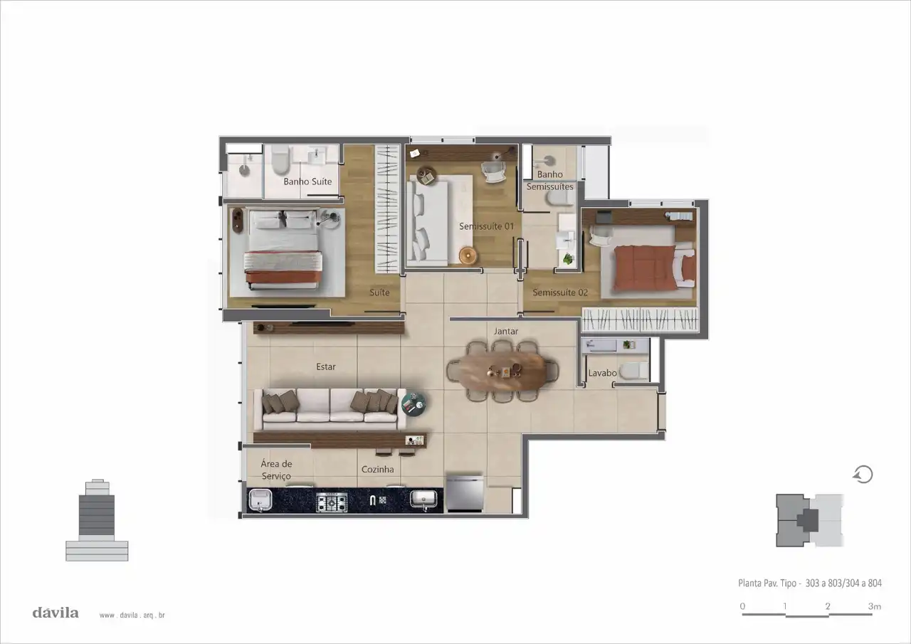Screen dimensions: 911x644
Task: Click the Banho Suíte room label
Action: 307,181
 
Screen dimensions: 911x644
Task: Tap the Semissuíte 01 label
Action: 486,226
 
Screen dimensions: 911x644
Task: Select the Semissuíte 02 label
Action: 560,292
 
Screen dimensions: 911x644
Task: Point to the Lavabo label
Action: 602,373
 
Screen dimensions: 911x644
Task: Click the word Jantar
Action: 506,332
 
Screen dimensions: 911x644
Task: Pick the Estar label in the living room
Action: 326,366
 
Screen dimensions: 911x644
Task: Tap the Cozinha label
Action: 377,469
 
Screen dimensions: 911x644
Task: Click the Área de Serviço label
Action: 276,470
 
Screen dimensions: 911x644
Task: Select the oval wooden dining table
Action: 502,372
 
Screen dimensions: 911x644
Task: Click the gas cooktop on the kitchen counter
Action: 332,502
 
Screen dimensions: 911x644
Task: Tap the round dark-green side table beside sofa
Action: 414,403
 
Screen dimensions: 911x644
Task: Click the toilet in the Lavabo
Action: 633,371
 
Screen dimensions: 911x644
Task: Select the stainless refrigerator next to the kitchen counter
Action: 465,492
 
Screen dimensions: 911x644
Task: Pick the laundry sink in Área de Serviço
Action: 260,500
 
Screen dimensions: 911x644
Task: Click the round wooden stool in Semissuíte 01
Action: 468,255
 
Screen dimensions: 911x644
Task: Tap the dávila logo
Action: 56,613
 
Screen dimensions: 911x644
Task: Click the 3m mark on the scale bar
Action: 875,606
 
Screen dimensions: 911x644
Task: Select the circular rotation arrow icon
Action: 863,475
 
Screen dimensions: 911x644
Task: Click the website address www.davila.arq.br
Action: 132,616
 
